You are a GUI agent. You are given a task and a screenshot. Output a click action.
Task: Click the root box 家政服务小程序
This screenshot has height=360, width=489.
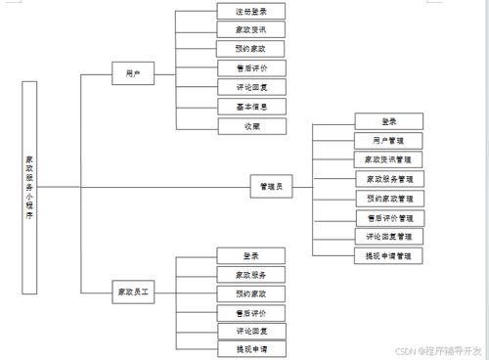(29, 187)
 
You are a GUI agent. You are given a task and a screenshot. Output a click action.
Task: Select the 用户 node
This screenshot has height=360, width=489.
(133, 74)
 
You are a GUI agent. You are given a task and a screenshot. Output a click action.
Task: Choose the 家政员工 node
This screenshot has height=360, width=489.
(134, 292)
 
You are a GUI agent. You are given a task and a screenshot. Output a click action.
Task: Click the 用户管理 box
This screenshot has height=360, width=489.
(388, 141)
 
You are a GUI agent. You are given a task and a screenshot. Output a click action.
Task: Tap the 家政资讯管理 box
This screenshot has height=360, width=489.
(388, 159)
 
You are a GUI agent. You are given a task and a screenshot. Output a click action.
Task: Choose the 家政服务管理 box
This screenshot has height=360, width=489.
(388, 179)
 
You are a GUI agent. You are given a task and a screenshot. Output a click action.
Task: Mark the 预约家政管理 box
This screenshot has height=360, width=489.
(388, 198)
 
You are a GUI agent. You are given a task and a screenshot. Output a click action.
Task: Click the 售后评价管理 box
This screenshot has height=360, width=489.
(388, 217)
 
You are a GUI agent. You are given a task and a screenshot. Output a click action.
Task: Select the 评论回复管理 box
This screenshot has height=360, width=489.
(388, 236)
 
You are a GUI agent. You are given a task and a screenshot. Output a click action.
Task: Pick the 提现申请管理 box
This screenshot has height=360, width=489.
(388, 255)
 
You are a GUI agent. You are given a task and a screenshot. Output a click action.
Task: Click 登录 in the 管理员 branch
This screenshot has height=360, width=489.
(388, 121)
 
